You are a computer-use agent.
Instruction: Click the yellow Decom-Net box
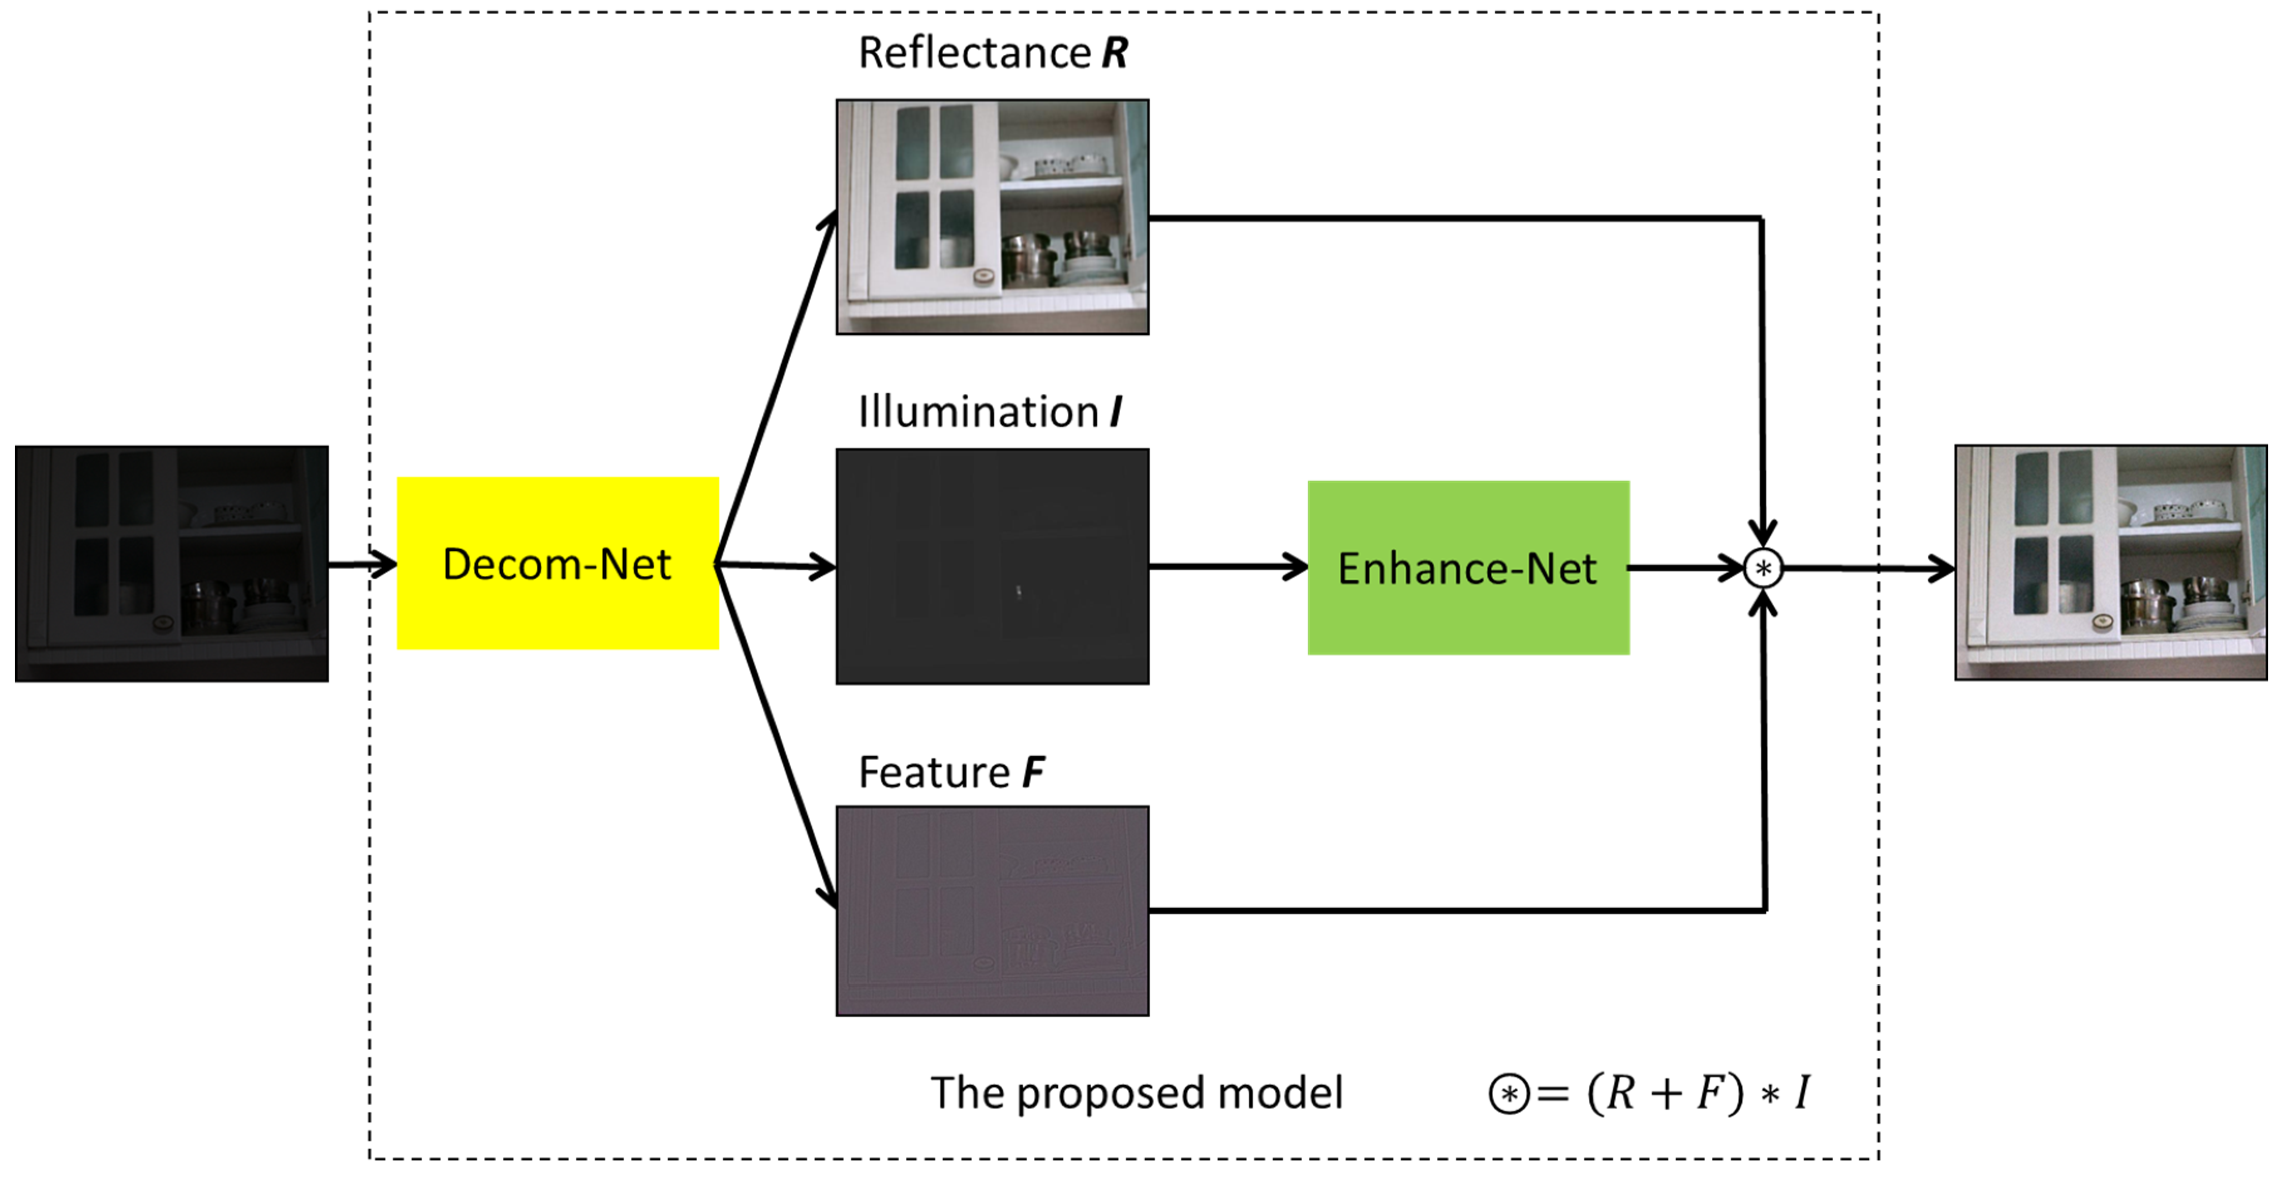point(557,563)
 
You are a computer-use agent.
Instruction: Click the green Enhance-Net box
point(1468,568)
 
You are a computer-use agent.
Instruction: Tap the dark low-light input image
point(172,563)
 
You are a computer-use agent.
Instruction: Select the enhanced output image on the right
point(2111,563)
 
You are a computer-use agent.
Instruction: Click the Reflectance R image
point(993,216)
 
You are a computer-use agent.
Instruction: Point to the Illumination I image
point(993,566)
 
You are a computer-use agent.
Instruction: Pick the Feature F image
point(993,910)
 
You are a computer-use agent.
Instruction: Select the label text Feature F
point(951,772)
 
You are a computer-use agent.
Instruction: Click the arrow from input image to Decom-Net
point(363,563)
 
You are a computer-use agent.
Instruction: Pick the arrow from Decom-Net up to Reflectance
point(775,386)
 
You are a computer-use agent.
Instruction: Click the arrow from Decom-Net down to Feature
point(775,736)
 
